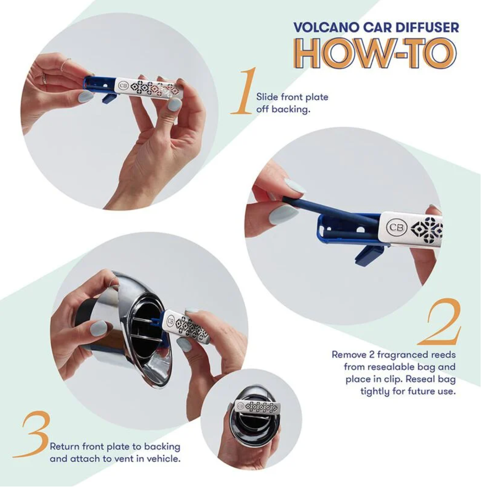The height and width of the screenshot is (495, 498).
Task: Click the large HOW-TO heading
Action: tap(375, 54)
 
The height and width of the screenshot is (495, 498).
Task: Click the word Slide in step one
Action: tap(267, 97)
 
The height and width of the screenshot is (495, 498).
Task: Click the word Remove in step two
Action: tap(347, 354)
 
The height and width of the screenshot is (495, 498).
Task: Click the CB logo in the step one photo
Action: tap(122, 85)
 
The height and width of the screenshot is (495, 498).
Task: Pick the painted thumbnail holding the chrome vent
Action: tap(98, 328)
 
